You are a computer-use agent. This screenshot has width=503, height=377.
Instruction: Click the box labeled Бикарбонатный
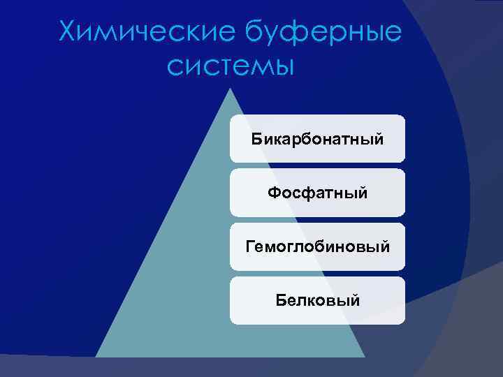[317, 139]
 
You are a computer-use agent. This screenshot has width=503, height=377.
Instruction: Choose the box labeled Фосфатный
[317, 193]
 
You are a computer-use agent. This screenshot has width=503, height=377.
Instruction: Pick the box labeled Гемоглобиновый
[317, 246]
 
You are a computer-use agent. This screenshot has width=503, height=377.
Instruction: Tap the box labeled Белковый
[317, 300]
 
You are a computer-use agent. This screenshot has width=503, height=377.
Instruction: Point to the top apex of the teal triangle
[230, 89]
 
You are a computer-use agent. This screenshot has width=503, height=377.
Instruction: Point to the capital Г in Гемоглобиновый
[249, 246]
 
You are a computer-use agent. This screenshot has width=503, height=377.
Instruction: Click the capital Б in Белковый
[280, 300]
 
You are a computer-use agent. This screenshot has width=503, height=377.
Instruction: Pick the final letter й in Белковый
[356, 300]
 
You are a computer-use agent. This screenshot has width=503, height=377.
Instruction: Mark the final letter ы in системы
[282, 68]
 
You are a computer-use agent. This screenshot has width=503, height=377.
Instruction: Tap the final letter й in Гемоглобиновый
[385, 246]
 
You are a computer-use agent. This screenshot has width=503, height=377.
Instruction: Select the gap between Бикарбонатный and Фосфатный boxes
[317, 166]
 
